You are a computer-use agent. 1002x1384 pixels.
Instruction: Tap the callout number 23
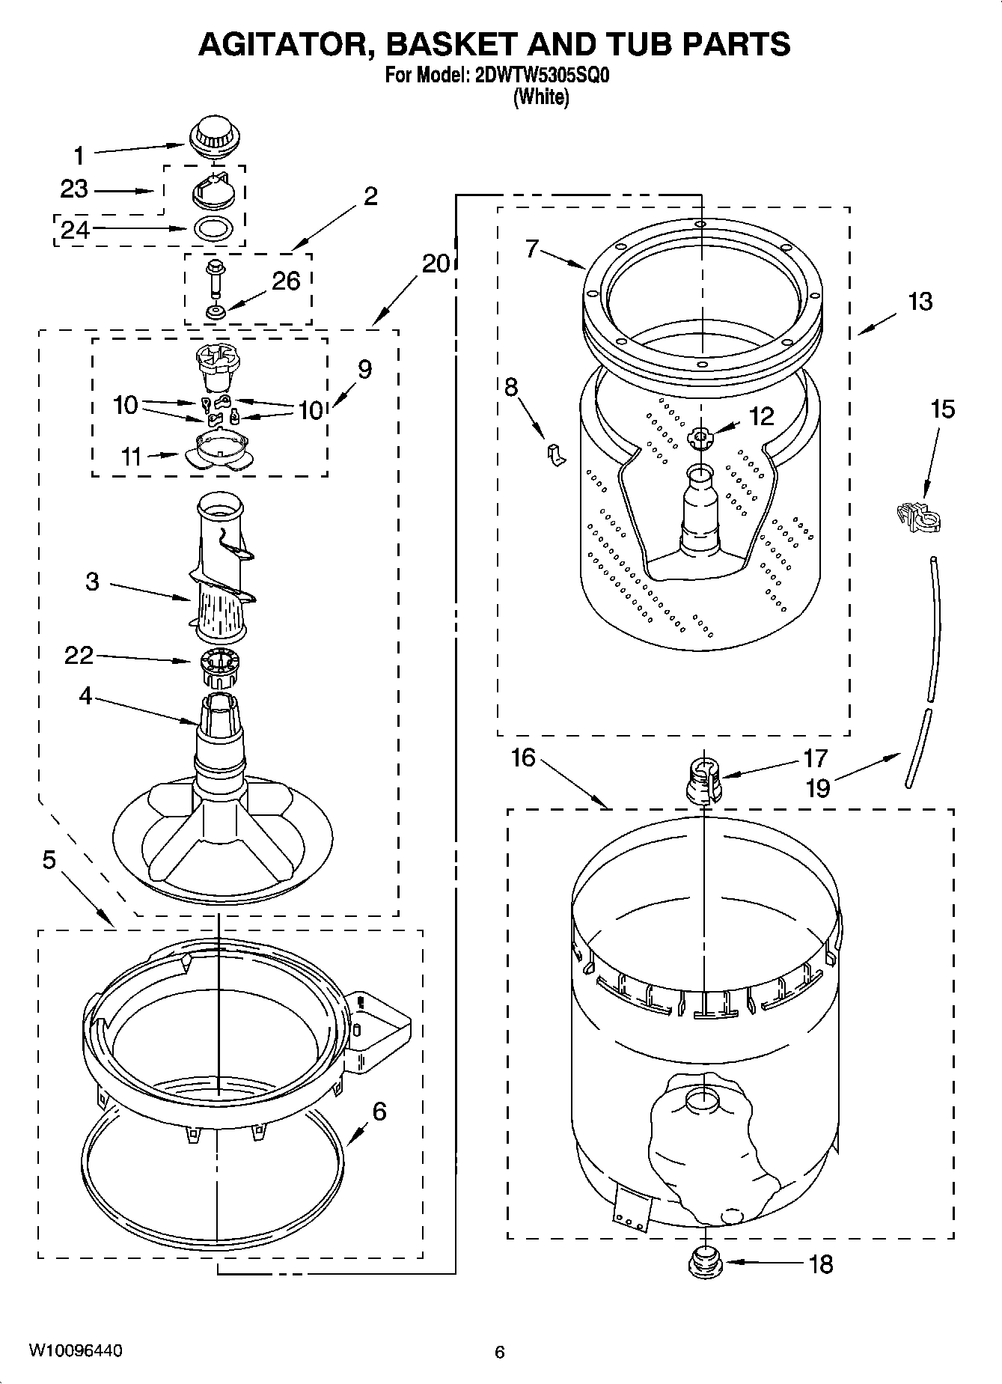click(x=74, y=189)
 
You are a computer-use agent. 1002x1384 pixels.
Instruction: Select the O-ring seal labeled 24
click(x=212, y=228)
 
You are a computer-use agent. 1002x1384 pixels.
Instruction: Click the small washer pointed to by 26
click(x=216, y=311)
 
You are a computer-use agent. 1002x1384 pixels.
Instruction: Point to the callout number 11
click(x=132, y=456)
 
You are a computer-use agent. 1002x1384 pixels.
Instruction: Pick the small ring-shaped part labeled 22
click(x=219, y=665)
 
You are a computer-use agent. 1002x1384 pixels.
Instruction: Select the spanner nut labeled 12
click(x=701, y=437)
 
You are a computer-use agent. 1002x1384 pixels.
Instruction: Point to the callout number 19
click(x=819, y=787)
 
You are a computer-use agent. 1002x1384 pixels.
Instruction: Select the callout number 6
click(x=379, y=1112)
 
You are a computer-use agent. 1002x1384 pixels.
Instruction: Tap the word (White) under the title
click(x=540, y=97)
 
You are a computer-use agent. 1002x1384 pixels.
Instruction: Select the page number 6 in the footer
click(x=500, y=1352)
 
